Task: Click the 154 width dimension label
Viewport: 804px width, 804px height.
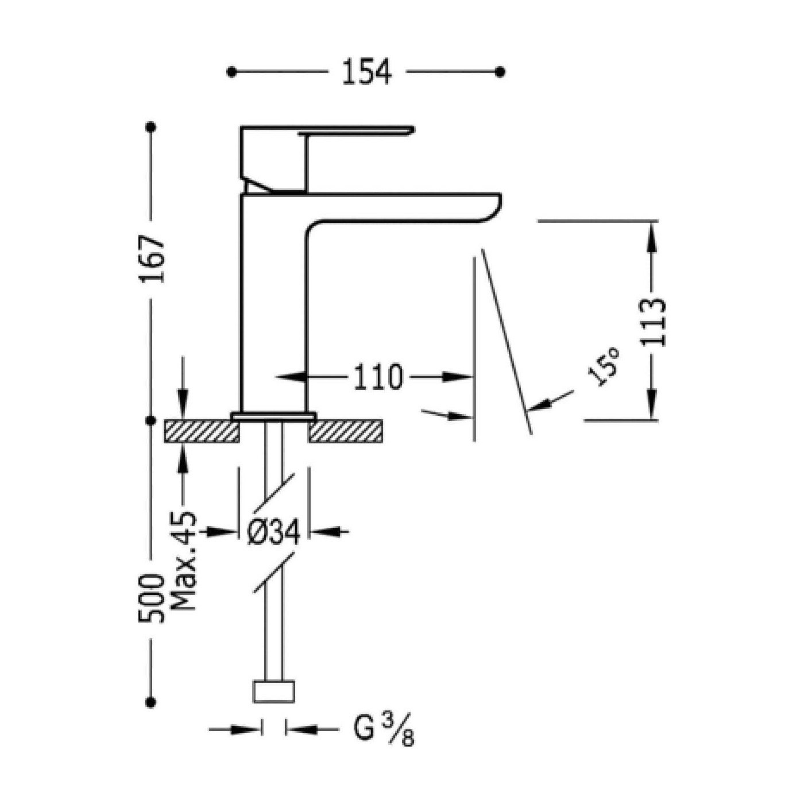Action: click(x=367, y=72)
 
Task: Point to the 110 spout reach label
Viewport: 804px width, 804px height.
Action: click(x=378, y=377)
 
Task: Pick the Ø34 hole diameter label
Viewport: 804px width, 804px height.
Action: click(x=273, y=532)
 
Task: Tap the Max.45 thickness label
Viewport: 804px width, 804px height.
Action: click(x=183, y=561)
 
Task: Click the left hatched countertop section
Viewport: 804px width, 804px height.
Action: click(x=202, y=431)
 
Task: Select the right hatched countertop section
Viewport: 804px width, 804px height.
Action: click(x=346, y=431)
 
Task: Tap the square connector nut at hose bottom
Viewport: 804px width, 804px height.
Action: click(x=274, y=693)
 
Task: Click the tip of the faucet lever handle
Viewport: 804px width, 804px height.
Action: click(x=412, y=130)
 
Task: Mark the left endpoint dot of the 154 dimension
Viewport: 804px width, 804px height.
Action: click(x=232, y=72)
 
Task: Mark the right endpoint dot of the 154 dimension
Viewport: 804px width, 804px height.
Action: click(x=500, y=72)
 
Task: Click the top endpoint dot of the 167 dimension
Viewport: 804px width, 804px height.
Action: click(x=152, y=127)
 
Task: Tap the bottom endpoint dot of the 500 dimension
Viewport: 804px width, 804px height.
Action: click(x=152, y=702)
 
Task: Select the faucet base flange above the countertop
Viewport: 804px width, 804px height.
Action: click(x=274, y=416)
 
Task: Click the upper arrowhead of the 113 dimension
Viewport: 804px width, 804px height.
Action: click(x=653, y=236)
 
